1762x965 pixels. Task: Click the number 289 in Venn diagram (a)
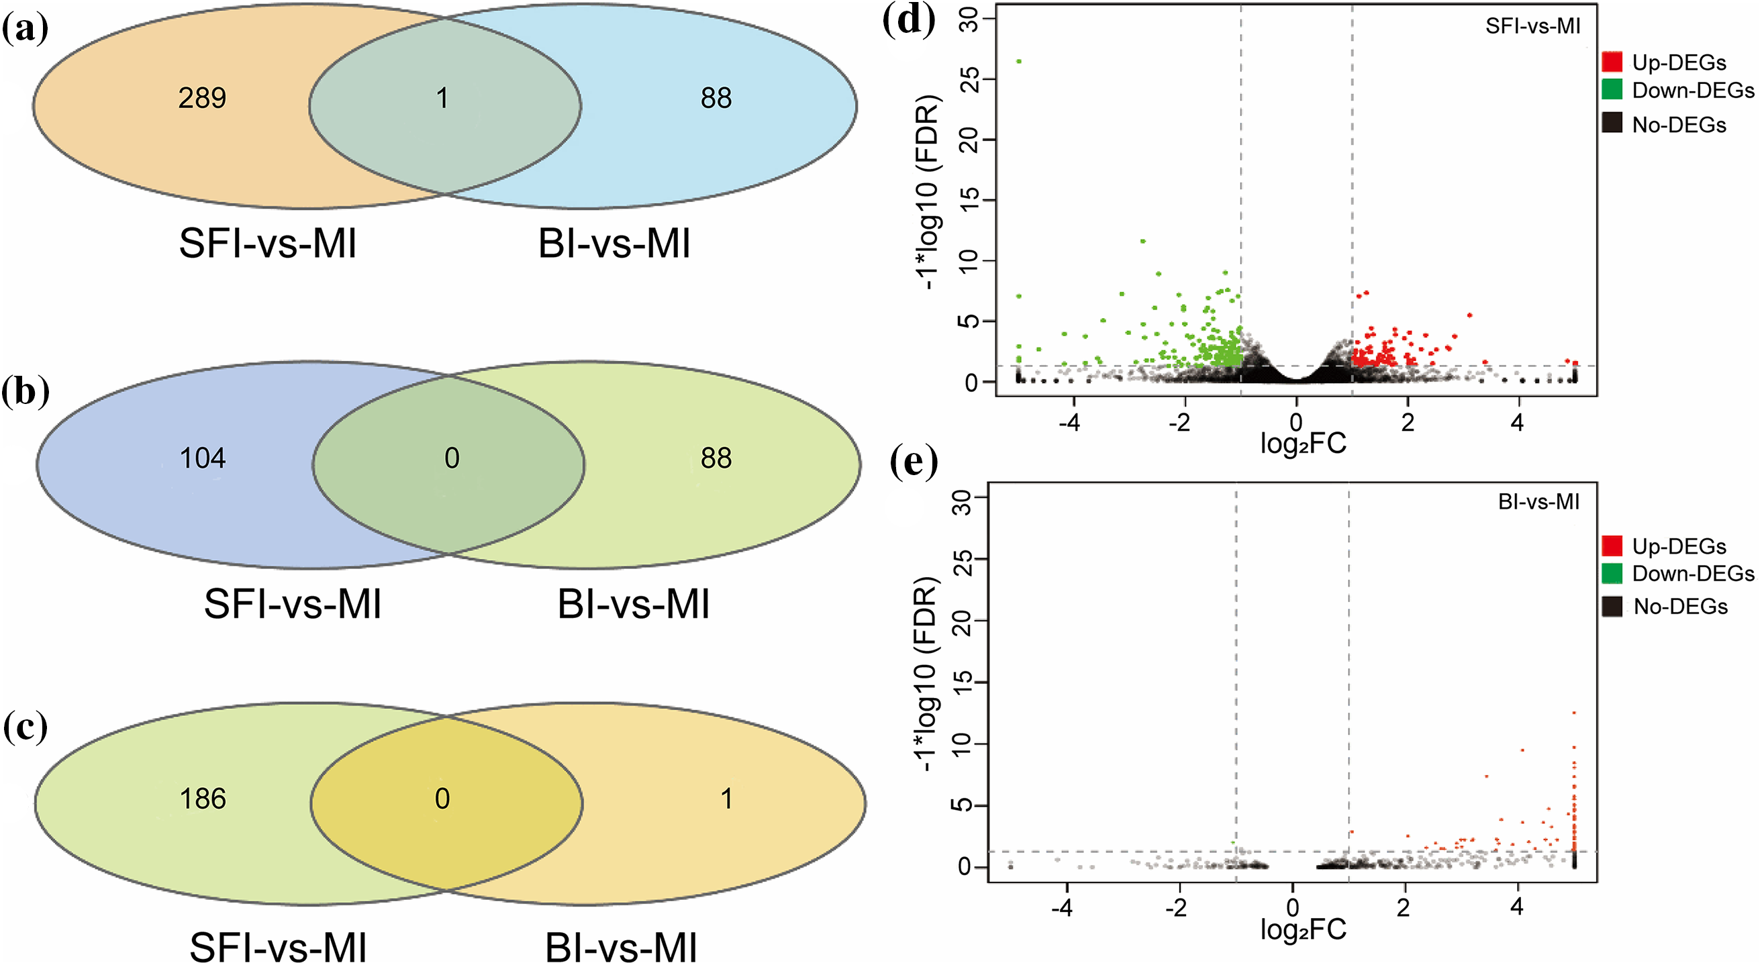point(202,99)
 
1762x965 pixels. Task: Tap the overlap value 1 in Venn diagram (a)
point(442,99)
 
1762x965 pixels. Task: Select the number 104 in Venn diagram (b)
point(203,458)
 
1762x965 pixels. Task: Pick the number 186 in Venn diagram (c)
point(203,799)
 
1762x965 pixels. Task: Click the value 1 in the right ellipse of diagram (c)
point(726,799)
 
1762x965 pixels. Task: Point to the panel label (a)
point(26,30)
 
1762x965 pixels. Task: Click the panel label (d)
point(908,21)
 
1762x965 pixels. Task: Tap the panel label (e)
point(914,463)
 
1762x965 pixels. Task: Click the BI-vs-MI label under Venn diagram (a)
point(614,244)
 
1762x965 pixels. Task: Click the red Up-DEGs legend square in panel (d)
point(1612,62)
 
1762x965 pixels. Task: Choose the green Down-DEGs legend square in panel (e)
point(1612,572)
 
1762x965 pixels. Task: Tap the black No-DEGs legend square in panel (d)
point(1612,123)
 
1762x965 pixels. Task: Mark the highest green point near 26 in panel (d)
point(1018,62)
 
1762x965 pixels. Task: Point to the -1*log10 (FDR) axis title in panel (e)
point(927,674)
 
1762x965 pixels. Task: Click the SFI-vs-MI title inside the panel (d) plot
point(1532,26)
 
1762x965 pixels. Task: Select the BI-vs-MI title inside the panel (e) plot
point(1538,502)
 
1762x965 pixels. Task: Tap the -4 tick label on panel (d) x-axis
point(1069,423)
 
